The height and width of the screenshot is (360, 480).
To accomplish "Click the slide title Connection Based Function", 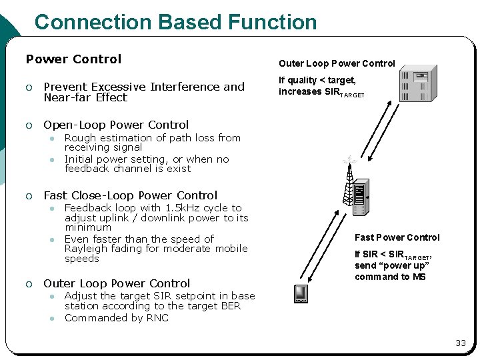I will (x=175, y=22).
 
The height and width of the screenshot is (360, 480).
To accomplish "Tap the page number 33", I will (x=460, y=343).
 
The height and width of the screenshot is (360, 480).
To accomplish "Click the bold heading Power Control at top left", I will (x=73, y=59).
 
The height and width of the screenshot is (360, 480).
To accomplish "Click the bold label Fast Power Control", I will (x=397, y=237).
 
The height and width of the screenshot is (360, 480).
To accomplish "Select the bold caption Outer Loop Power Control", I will (x=337, y=64).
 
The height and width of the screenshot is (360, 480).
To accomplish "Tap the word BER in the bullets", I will (x=229, y=306).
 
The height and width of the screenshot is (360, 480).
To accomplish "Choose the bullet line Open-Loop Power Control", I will (x=116, y=125).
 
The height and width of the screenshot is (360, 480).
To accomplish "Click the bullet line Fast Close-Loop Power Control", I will (x=130, y=195).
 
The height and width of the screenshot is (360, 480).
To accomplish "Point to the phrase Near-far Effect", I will (x=85, y=97).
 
